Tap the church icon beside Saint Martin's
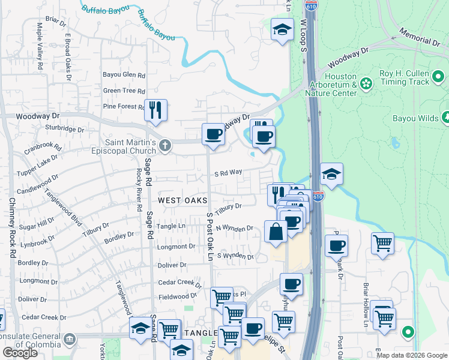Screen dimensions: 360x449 [x=164, y=145]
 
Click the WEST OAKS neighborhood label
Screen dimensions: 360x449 [x=182, y=200]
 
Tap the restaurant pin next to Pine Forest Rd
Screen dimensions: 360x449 [x=155, y=110]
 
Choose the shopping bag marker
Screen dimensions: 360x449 [x=276, y=232]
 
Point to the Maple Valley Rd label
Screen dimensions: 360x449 [x=40, y=38]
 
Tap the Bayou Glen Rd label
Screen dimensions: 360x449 [x=124, y=75]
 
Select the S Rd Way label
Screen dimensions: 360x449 [x=229, y=172]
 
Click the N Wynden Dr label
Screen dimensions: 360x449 [x=235, y=228]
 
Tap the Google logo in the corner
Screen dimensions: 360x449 [x=20, y=353]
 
